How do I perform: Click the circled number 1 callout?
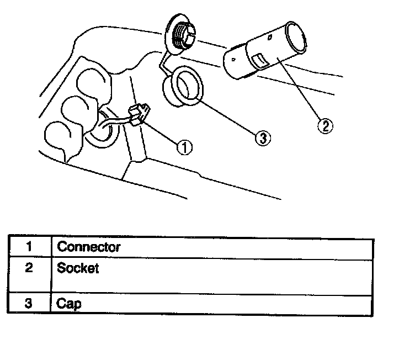tap(184, 147)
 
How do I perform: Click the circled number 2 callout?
tap(325, 126)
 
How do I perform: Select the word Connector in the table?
tap(89, 246)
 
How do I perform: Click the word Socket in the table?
tap(78, 269)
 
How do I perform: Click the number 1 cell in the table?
tap(29, 246)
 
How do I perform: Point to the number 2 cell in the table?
tap(29, 269)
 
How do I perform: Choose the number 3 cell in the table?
tap(29, 304)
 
